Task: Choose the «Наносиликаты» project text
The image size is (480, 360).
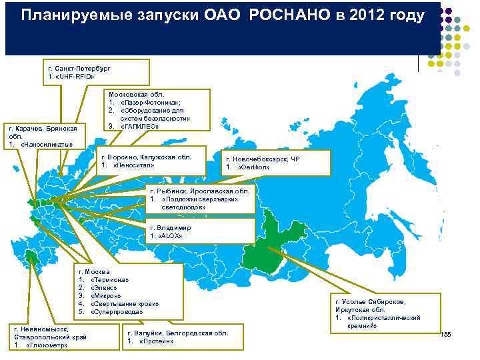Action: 46,144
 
